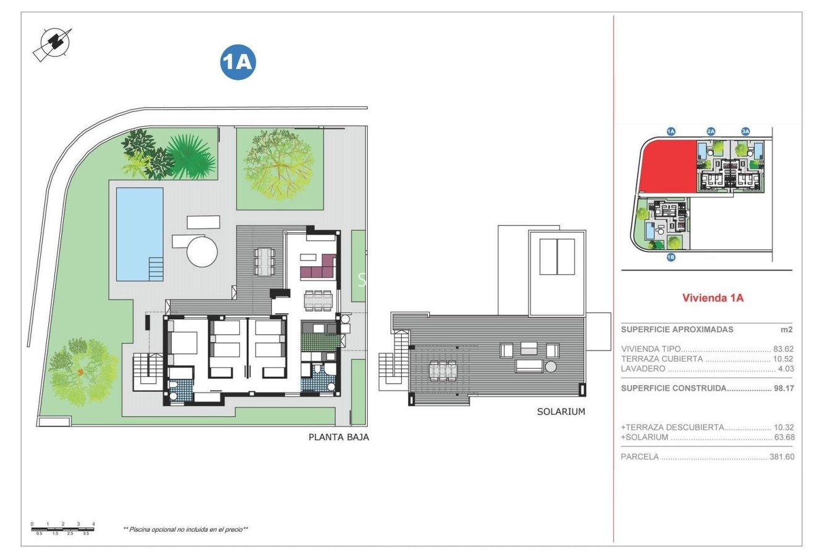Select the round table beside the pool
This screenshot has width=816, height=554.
tap(202, 251)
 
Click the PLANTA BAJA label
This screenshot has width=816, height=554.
tap(339, 437)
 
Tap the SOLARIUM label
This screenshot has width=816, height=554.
tap(561, 412)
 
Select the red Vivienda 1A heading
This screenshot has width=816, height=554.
tap(712, 298)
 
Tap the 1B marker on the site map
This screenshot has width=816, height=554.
tap(671, 257)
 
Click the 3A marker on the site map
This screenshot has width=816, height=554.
tap(746, 131)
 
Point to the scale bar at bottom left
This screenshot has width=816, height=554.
tap(62, 528)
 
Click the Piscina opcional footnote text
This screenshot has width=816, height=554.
tap(185, 529)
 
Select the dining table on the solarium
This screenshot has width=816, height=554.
tap(443, 371)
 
